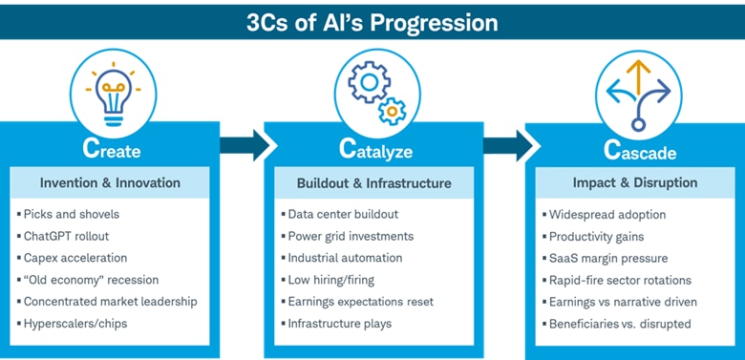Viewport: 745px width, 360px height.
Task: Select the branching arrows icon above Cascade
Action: click(x=638, y=92)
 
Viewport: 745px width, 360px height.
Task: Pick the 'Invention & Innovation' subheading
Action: click(x=111, y=182)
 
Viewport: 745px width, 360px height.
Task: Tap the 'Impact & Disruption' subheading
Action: click(x=635, y=182)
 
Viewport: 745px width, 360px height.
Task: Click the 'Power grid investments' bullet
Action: click(x=351, y=236)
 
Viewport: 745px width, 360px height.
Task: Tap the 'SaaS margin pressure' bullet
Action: click(x=608, y=258)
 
